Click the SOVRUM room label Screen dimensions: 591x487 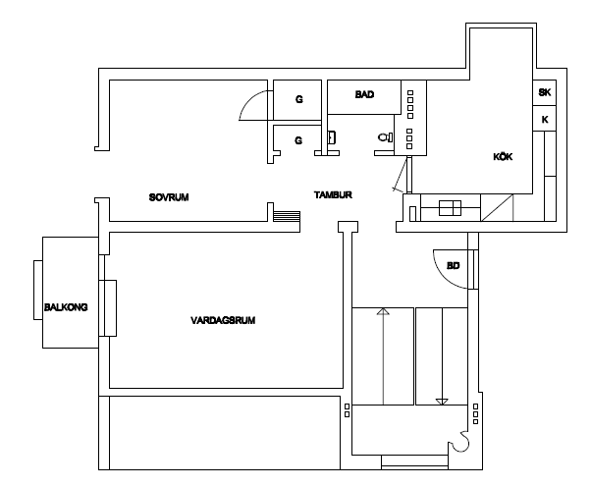coord(169,197)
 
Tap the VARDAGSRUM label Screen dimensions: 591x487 coord(223,320)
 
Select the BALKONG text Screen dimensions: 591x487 coord(66,307)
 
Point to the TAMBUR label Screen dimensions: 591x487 coord(333,194)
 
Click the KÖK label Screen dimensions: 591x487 coord(503,156)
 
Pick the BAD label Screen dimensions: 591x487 coord(364,94)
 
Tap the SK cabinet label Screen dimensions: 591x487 coord(545,92)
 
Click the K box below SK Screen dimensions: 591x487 coord(545,120)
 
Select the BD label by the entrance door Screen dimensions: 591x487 coord(453,266)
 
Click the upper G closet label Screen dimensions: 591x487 coord(298,99)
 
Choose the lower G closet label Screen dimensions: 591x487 coord(298,140)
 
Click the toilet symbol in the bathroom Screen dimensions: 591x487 coord(386,137)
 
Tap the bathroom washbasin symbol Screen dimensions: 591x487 coord(332,137)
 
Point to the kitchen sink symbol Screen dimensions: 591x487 coord(450,208)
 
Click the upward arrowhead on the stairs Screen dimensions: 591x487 coord(383,311)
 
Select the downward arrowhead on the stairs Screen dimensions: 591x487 coord(442,402)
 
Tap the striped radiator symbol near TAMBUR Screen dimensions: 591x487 coord(287,216)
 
